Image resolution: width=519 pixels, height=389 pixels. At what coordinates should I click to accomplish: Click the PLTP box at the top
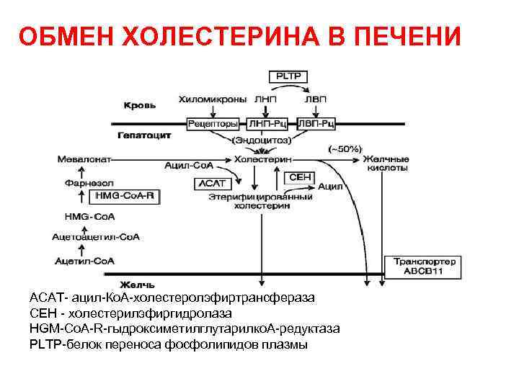(x=286, y=75)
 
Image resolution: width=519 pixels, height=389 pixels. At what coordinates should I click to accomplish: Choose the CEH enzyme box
(x=300, y=176)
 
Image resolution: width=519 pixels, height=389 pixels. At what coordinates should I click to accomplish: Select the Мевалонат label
(x=82, y=158)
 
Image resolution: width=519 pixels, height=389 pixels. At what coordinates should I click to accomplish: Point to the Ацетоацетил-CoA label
(x=96, y=236)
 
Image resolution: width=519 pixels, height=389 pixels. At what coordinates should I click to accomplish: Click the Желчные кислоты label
(x=386, y=163)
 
